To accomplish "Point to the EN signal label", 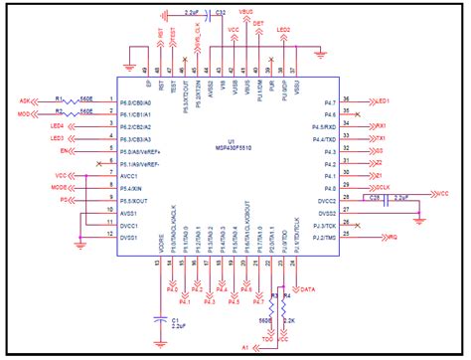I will pos(66,150).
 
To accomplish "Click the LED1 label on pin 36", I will pos(383,101).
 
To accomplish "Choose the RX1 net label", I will pos(380,126).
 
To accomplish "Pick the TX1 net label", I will pos(380,138).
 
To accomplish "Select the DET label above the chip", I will pos(258,22).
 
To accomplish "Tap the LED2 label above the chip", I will pos(283,30).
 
